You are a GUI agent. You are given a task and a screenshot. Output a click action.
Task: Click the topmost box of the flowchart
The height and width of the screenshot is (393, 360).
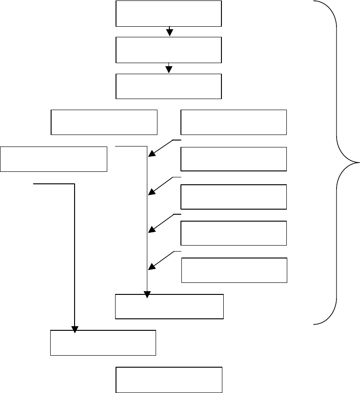pyautogui.click(x=169, y=13)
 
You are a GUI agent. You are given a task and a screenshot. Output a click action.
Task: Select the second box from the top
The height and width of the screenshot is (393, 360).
pyautogui.click(x=169, y=50)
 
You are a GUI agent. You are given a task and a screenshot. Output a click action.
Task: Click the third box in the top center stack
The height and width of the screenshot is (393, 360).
pyautogui.click(x=169, y=86)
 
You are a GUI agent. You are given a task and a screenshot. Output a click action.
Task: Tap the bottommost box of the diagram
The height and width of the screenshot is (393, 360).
pyautogui.click(x=169, y=380)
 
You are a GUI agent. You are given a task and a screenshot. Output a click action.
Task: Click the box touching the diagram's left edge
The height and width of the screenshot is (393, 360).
pyautogui.click(x=54, y=159)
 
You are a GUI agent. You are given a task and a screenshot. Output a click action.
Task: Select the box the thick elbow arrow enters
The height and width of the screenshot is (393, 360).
pyautogui.click(x=103, y=342)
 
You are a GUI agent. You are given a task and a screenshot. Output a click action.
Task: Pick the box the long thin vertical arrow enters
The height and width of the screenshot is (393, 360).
pyautogui.click(x=169, y=306)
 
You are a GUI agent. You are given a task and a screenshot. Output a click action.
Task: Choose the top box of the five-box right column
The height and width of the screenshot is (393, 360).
pyautogui.click(x=234, y=122)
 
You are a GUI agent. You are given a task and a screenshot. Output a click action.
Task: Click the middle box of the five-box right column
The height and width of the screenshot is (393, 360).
pyautogui.click(x=234, y=196)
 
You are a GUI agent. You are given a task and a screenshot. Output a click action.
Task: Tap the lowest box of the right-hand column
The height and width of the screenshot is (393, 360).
pyautogui.click(x=234, y=270)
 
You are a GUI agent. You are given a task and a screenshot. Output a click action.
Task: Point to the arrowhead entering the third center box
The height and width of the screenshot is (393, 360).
pyautogui.click(x=169, y=69)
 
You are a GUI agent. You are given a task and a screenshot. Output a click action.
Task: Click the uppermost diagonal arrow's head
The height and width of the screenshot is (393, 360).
pyautogui.click(x=152, y=154)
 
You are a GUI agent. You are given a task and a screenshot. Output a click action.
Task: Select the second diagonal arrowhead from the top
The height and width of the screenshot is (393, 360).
pyautogui.click(x=152, y=192)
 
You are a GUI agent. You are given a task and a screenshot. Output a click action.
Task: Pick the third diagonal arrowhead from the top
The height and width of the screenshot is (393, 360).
pyautogui.click(x=152, y=229)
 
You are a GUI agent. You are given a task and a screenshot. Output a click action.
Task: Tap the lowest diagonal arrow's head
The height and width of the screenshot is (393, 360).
pyautogui.click(x=152, y=266)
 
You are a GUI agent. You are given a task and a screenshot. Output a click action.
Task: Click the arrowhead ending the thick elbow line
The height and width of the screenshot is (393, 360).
pyautogui.click(x=74, y=329)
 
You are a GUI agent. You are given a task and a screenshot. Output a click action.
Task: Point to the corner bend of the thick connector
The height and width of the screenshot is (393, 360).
pyautogui.click(x=74, y=184)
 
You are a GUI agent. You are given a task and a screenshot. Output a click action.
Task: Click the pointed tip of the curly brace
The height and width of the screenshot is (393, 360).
pyautogui.click(x=359, y=162)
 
